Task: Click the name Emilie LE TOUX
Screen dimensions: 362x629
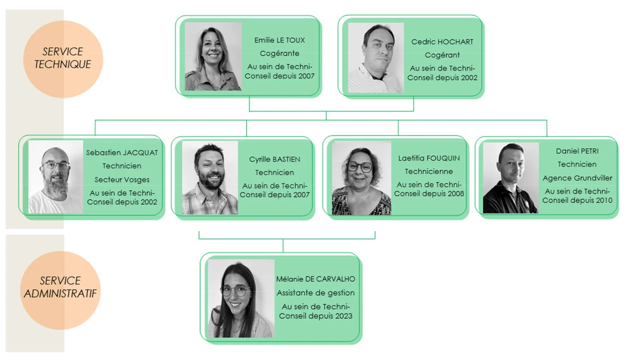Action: click(279, 40)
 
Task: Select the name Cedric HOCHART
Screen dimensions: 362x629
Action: click(442, 42)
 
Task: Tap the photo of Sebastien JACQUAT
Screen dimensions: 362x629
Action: click(56, 177)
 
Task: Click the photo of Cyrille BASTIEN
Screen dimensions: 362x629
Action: click(210, 178)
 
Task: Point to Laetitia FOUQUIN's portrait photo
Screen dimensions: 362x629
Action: click(361, 178)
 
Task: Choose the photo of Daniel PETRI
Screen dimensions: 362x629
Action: click(511, 178)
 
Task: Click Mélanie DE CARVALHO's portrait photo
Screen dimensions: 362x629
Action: click(241, 299)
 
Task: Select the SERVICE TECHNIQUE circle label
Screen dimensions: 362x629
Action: click(63, 58)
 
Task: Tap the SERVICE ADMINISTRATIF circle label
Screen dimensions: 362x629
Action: click(60, 287)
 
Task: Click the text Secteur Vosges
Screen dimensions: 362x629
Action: click(122, 180)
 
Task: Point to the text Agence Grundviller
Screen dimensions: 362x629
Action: click(577, 178)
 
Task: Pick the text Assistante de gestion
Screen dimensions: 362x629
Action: click(316, 293)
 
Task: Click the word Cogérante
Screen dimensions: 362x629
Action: click(279, 53)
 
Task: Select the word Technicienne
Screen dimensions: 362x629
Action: click(429, 171)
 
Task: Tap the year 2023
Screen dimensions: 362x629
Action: click(344, 316)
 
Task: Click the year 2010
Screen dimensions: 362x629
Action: click(604, 200)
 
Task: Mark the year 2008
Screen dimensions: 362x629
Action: click(456, 194)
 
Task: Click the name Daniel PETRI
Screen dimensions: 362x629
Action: click(577, 151)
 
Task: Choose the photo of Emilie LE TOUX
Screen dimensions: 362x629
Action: click(213, 56)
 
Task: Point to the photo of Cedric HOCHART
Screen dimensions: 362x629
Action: click(376, 58)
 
